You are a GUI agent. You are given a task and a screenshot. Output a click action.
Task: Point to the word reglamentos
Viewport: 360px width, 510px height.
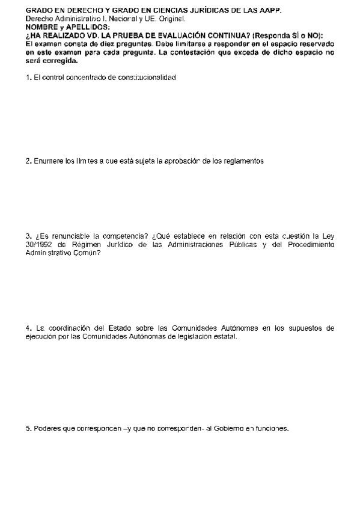tap(242, 161)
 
